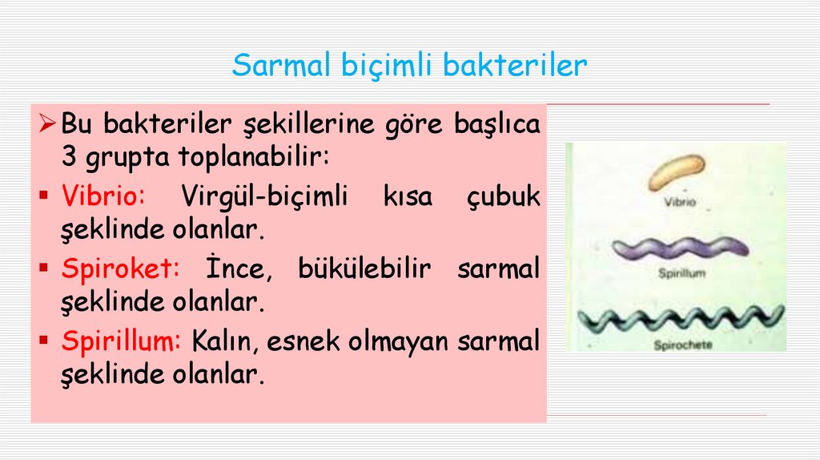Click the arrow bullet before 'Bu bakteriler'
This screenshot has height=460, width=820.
(x=48, y=124)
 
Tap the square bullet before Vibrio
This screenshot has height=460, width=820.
(x=48, y=196)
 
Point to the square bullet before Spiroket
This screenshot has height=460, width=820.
(x=48, y=268)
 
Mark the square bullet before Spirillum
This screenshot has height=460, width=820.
(x=48, y=341)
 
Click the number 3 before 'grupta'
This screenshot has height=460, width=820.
(x=69, y=158)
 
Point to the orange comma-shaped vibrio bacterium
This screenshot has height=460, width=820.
(x=677, y=171)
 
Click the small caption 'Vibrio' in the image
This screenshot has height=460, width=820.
(x=680, y=204)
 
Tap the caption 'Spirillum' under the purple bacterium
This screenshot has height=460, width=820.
(x=680, y=273)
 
